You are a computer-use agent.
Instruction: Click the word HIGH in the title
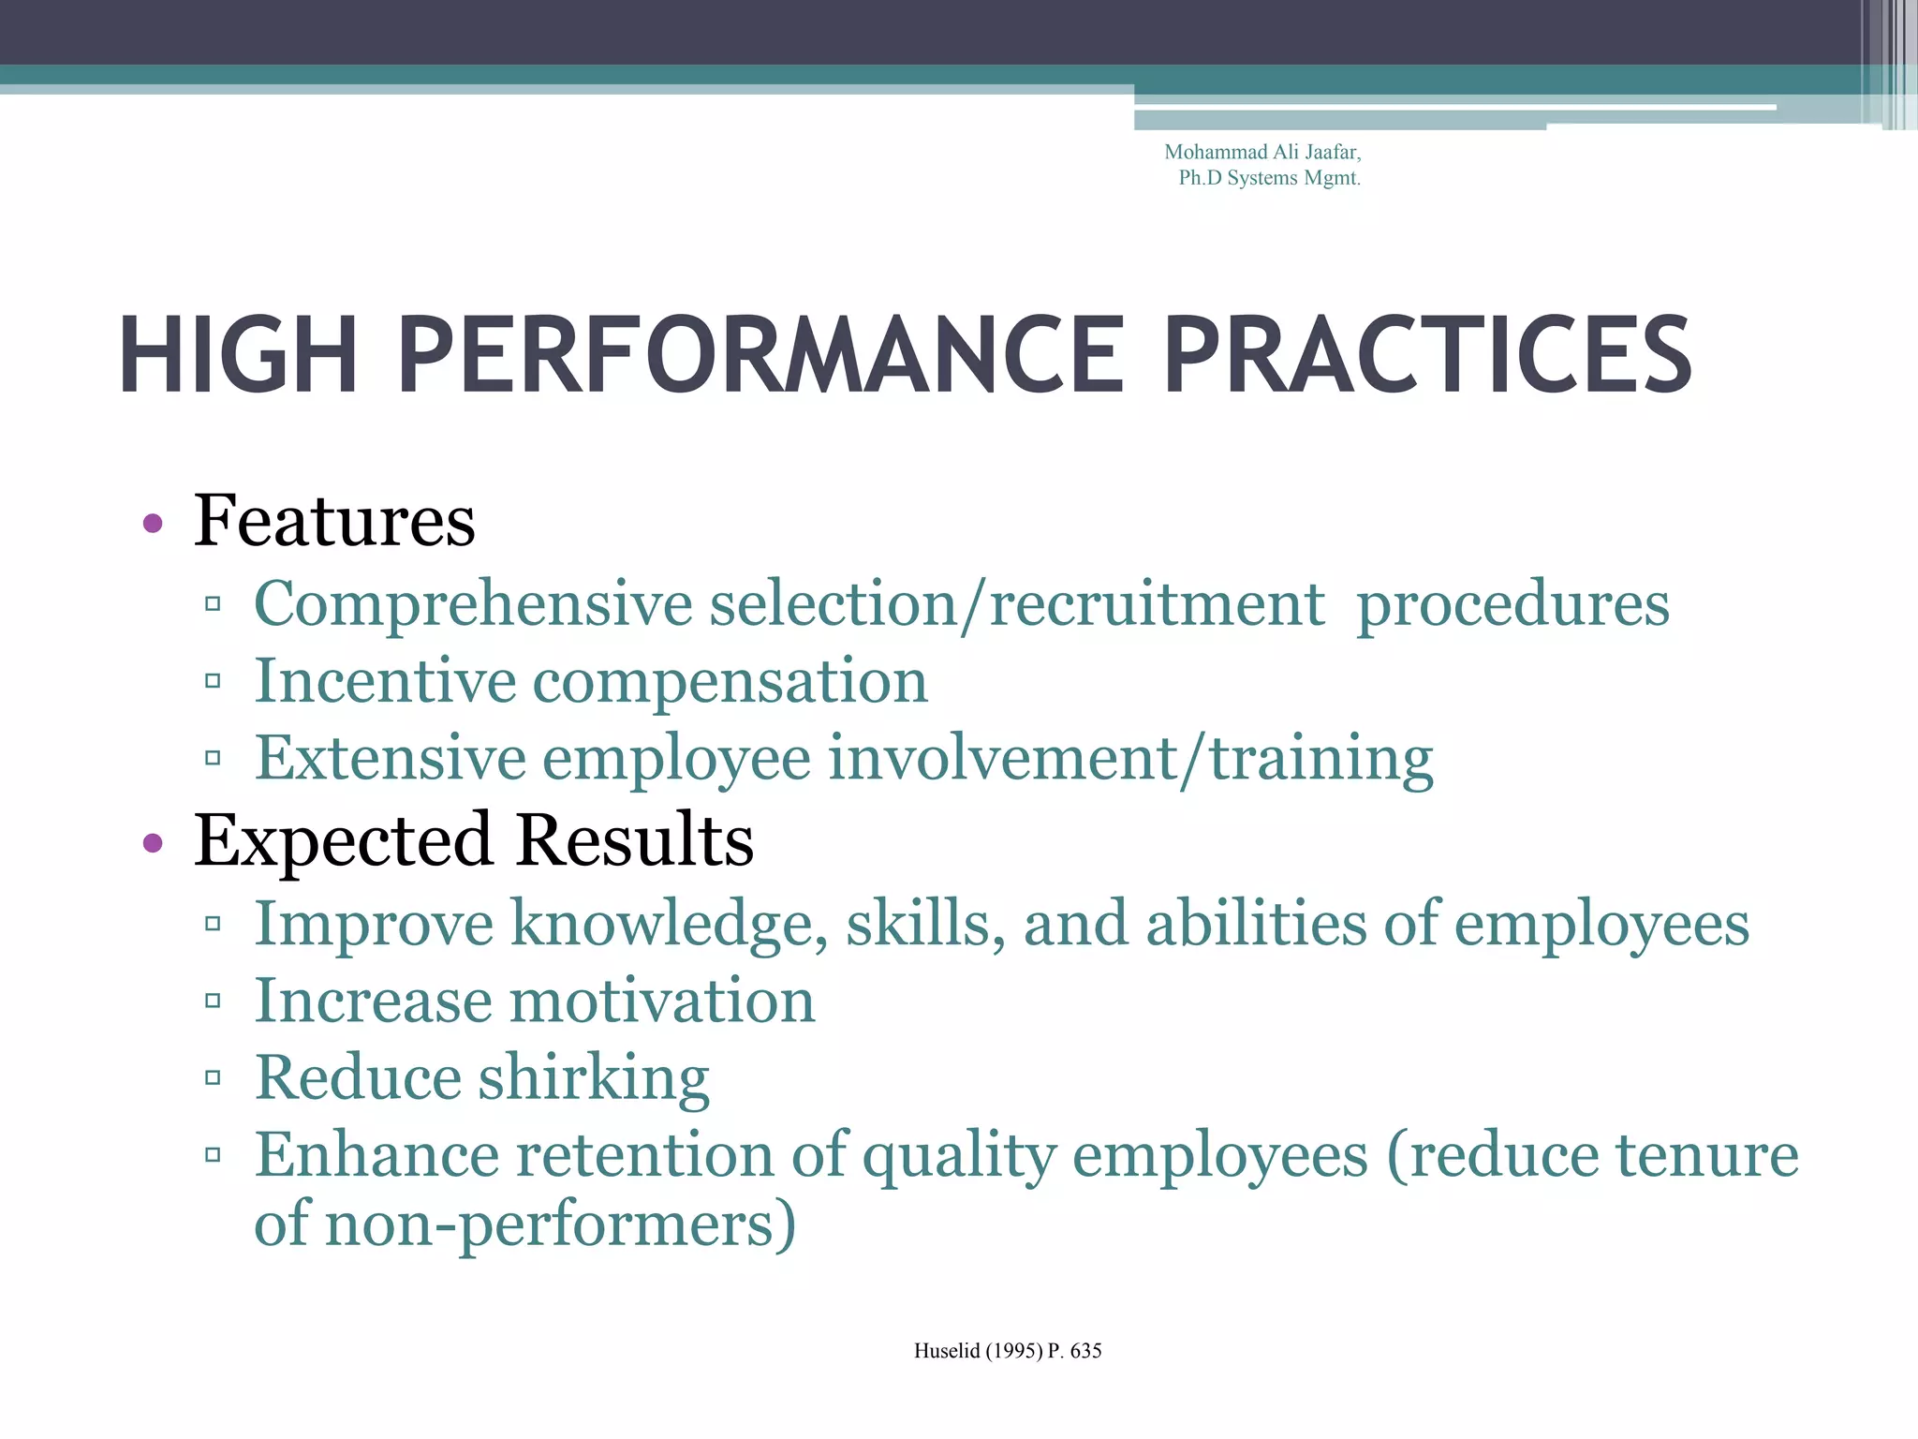(x=238, y=355)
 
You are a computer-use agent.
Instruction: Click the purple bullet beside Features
(x=153, y=524)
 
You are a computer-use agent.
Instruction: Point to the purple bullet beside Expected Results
(x=153, y=843)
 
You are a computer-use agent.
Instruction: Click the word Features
(x=334, y=521)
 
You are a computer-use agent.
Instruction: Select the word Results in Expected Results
(x=635, y=840)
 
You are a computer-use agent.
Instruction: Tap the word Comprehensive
(x=474, y=604)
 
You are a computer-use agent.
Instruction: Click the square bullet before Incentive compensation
(x=213, y=681)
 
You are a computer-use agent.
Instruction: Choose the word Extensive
(x=391, y=758)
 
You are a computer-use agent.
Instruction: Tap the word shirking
(x=595, y=1078)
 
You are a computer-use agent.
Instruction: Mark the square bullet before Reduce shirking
(x=213, y=1078)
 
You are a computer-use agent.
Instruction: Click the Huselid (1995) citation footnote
(x=1008, y=1351)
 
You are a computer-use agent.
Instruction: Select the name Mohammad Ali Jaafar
(x=1261, y=152)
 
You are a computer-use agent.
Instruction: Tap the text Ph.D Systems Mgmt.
(x=1269, y=178)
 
